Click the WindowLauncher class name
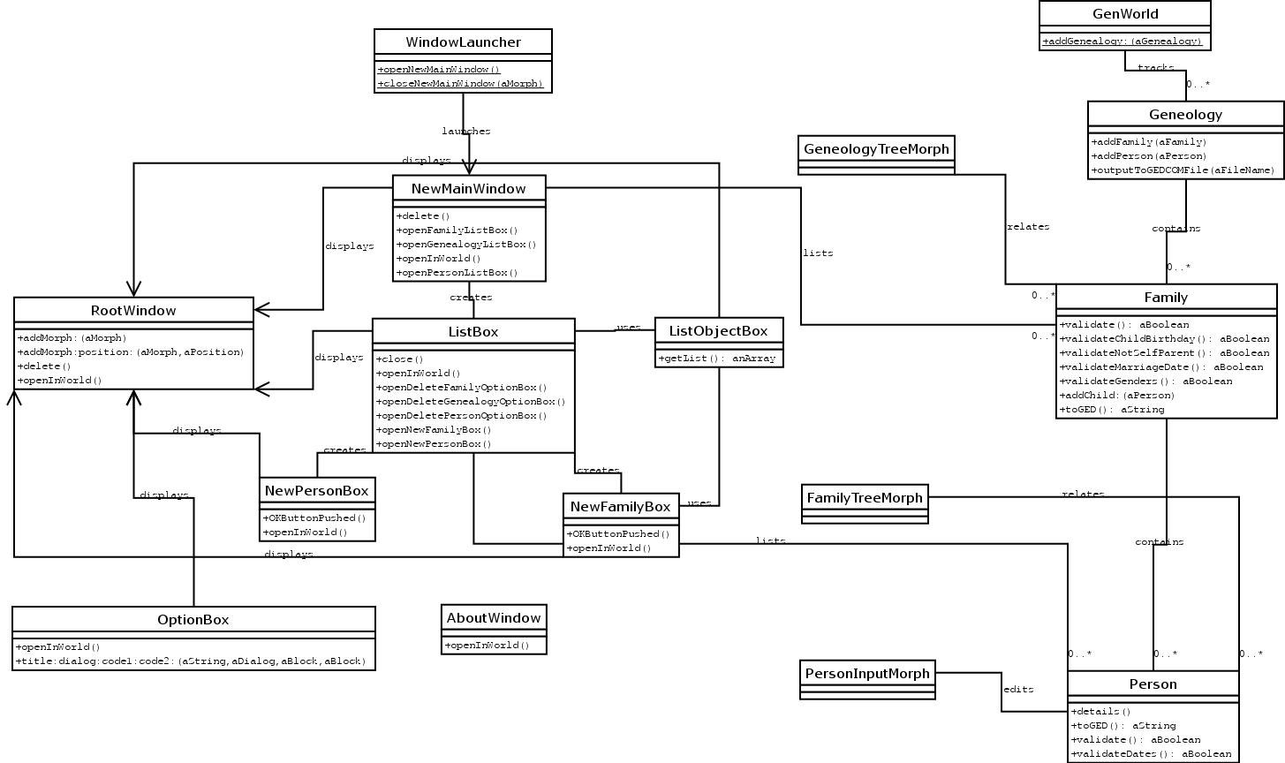463,42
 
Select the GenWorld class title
1124,14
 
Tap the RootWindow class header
133,311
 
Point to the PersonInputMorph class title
867,674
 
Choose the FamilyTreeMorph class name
865,498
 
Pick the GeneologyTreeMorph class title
876,148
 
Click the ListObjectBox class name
718,331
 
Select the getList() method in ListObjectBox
717,359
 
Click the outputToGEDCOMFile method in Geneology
1183,170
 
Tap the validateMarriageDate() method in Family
1161,367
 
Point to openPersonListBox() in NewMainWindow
457,273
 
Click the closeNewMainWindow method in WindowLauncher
459,84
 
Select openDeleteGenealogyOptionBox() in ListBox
470,402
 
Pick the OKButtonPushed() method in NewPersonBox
314,518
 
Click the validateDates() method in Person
1151,754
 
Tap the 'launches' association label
466,132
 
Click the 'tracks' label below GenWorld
1155,68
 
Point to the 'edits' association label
1018,690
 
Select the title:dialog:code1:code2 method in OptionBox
190,661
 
